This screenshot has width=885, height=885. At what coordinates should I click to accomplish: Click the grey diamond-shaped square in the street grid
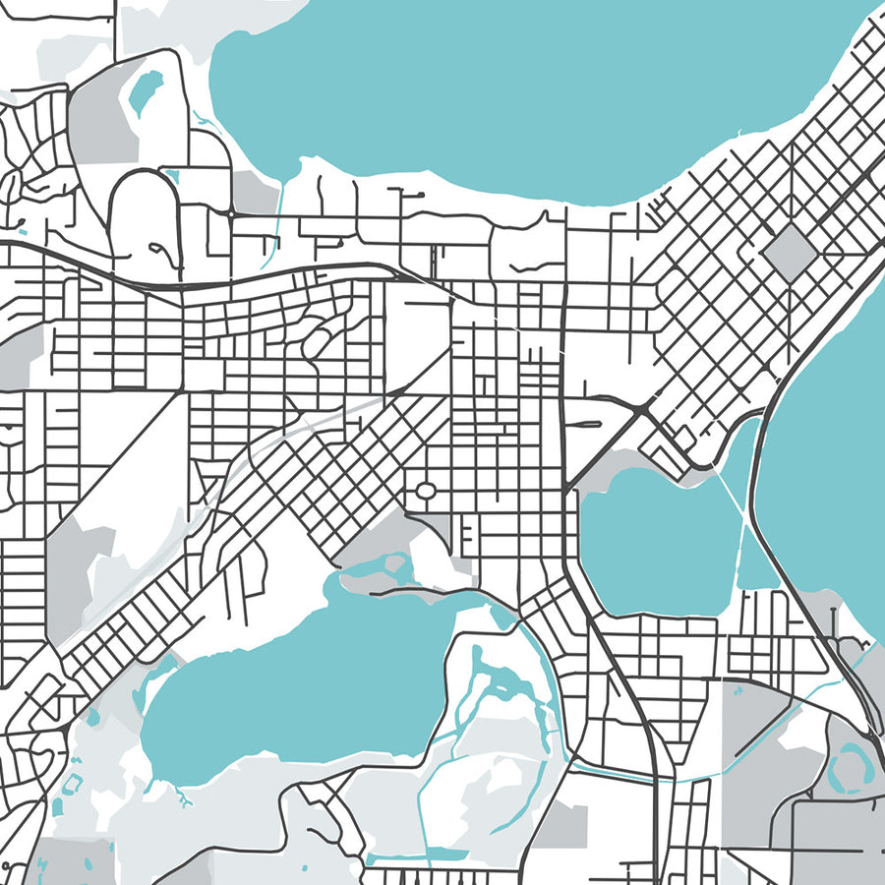tap(790, 250)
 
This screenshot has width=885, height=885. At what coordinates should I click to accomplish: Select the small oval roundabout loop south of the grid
tap(425, 490)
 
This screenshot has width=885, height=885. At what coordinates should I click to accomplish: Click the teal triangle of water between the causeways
tap(754, 560)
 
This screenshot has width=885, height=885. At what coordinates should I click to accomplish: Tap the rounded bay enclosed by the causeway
tap(654, 541)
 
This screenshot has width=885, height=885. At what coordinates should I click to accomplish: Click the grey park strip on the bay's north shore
tap(629, 462)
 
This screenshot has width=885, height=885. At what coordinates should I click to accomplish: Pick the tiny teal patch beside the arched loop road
tap(173, 177)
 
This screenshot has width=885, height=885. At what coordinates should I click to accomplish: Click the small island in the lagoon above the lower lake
tap(395, 563)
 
